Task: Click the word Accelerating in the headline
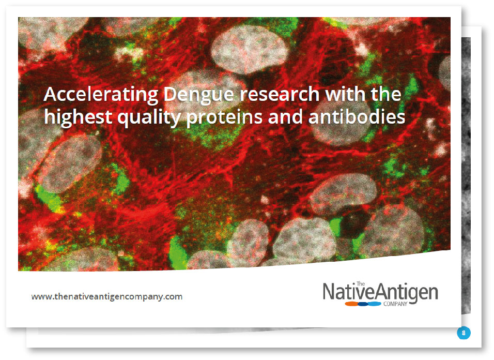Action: click(101, 95)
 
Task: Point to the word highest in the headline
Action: click(78, 117)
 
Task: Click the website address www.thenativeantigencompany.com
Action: click(107, 296)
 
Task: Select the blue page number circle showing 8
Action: click(464, 333)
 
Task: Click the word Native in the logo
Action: click(349, 292)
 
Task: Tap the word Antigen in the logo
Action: click(407, 293)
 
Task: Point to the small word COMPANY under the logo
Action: click(395, 304)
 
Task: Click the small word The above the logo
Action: click(361, 284)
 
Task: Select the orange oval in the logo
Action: click(352, 304)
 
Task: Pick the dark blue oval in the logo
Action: click(363, 304)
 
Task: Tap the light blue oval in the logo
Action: click(374, 304)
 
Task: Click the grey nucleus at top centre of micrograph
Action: click(250, 50)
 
